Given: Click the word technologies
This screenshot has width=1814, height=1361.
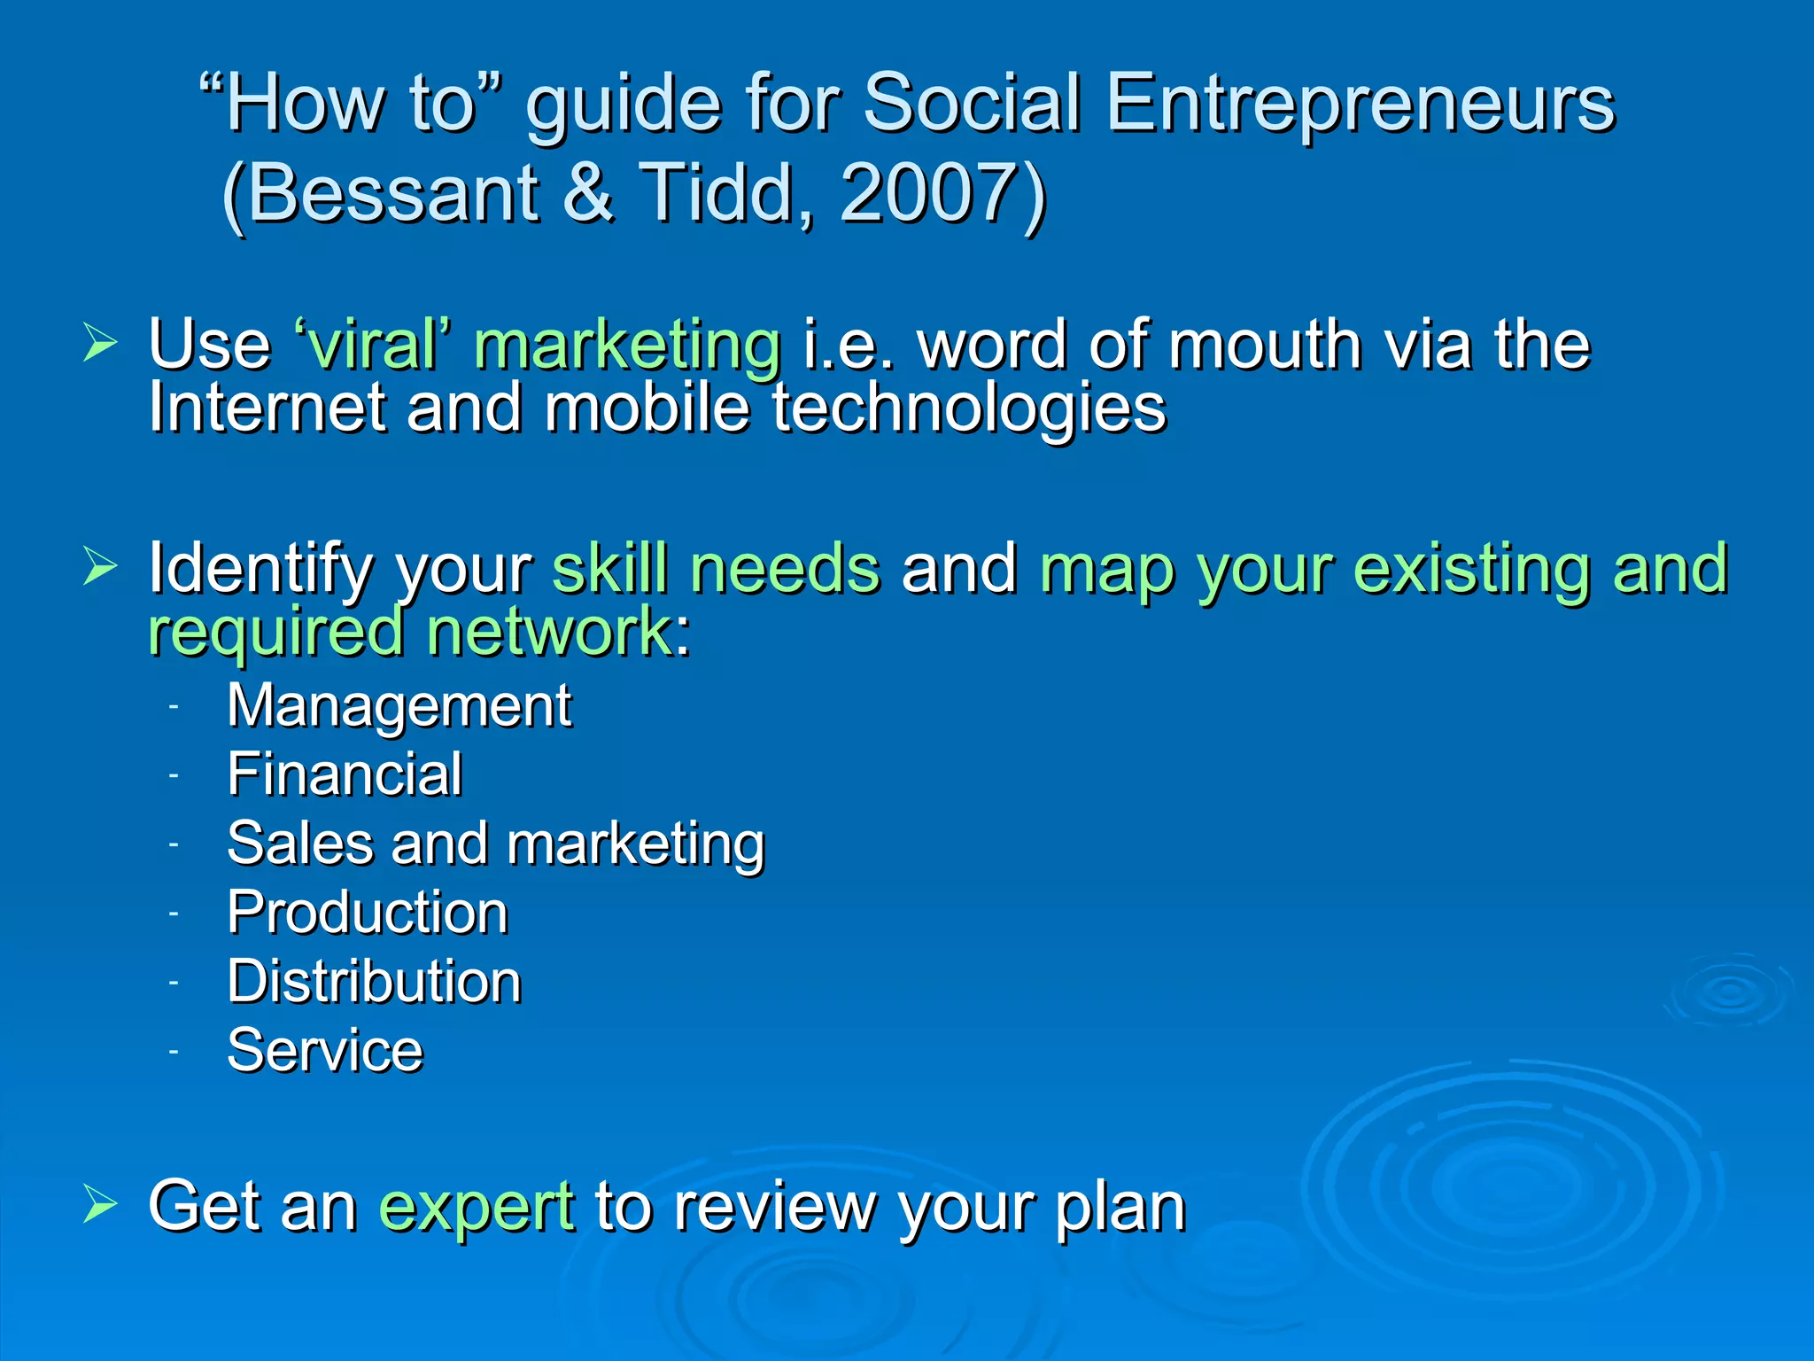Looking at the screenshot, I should click(x=969, y=409).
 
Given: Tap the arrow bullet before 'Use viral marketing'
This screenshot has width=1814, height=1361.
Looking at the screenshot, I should click(x=100, y=343).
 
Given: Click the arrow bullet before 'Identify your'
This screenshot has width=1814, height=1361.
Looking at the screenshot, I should click(x=100, y=566).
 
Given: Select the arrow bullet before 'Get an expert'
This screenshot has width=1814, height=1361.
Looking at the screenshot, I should click(x=100, y=1204).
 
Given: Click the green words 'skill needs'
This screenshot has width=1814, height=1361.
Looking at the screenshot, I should click(x=716, y=568).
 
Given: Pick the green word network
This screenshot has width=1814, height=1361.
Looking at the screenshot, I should click(x=549, y=631).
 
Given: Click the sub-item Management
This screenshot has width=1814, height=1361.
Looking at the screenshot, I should click(x=399, y=706).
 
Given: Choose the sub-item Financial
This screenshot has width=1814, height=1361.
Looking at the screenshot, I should click(x=345, y=774).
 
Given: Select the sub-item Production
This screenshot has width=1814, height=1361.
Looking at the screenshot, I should click(x=368, y=913).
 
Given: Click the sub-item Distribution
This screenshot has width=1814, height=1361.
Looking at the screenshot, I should click(x=374, y=982).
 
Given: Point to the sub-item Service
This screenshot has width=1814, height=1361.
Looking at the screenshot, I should click(x=325, y=1051).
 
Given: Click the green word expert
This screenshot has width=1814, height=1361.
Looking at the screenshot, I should click(x=477, y=1207).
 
